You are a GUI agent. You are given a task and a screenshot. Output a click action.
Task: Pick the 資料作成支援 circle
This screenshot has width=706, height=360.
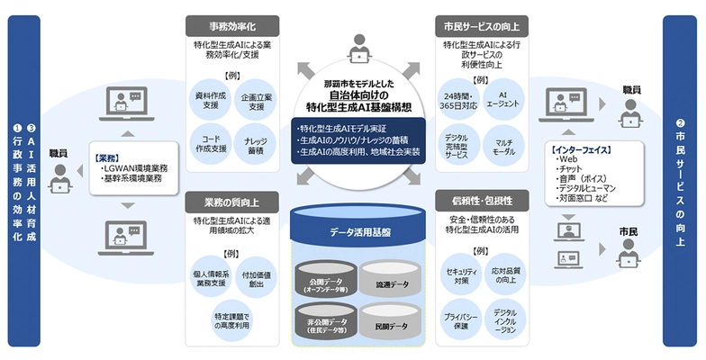209,100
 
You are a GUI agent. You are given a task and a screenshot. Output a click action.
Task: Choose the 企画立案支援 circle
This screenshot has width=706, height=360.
256,100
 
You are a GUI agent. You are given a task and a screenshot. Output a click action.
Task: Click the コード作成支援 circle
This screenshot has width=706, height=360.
209,142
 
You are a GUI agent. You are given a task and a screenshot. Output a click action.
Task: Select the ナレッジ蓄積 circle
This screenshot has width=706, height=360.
256,142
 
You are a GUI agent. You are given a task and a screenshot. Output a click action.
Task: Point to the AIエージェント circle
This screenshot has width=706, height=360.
503,100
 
